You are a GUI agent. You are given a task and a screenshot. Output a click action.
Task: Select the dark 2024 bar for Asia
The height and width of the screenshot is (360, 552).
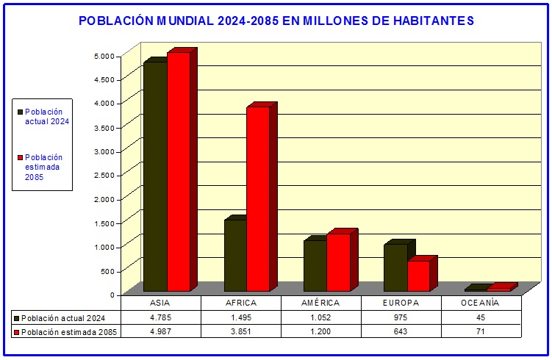[155, 176]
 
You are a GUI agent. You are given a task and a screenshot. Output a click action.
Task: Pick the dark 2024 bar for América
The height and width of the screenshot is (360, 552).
[315, 265]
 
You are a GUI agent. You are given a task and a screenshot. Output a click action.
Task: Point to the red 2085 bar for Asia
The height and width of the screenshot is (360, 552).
[179, 171]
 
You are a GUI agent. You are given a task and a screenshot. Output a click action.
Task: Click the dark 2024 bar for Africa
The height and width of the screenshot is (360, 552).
[235, 255]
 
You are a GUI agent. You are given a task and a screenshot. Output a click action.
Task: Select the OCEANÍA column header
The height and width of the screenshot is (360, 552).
[480, 303]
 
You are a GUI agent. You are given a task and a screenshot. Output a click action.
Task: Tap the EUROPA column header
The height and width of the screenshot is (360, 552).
[401, 303]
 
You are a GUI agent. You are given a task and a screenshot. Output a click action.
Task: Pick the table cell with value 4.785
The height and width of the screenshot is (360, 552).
[161, 317]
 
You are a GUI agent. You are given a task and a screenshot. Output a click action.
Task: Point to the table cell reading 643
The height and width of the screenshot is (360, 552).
[401, 331]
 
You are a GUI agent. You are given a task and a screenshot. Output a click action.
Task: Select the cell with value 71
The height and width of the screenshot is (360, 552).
[480, 331]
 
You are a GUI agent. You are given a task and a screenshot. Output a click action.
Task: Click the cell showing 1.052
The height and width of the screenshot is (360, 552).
[320, 317]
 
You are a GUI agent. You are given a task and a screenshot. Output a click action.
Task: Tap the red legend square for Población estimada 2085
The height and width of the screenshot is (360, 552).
[21, 157]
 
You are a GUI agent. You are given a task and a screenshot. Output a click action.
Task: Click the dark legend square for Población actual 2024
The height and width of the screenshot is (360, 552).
[21, 112]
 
